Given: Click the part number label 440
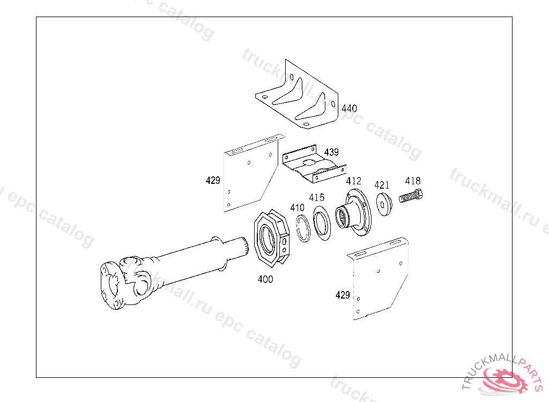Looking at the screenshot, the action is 349,108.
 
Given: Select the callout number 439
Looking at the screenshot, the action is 331,152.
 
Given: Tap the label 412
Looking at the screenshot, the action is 353,181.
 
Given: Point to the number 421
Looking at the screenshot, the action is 382,185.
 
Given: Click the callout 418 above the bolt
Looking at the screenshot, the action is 413,181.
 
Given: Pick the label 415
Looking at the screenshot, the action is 316,198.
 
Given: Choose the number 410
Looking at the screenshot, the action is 298,207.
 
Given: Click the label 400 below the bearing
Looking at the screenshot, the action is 265,279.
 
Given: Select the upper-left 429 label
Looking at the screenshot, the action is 213,181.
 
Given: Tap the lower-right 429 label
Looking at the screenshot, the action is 343,295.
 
